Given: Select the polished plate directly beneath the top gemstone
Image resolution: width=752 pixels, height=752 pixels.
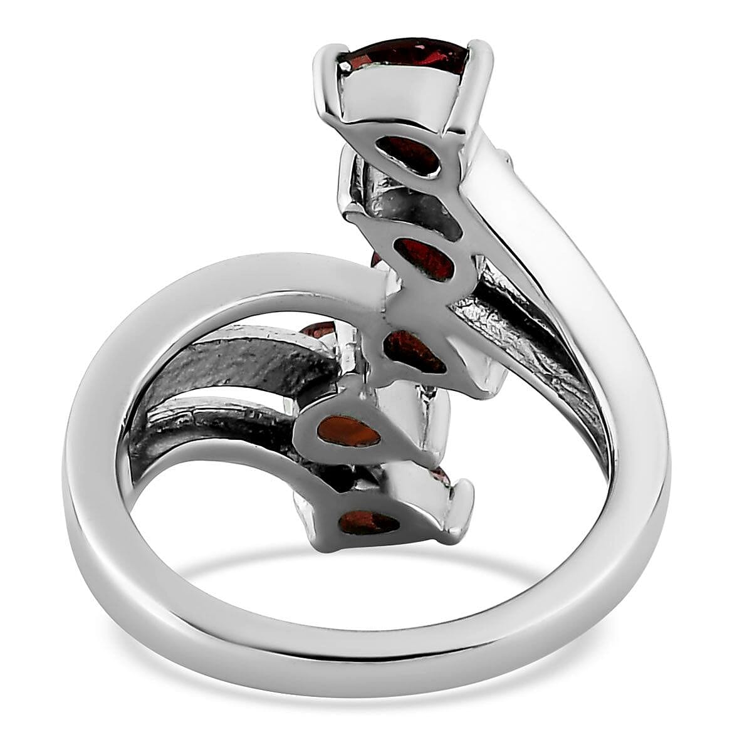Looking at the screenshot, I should pyautogui.click(x=401, y=100).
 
